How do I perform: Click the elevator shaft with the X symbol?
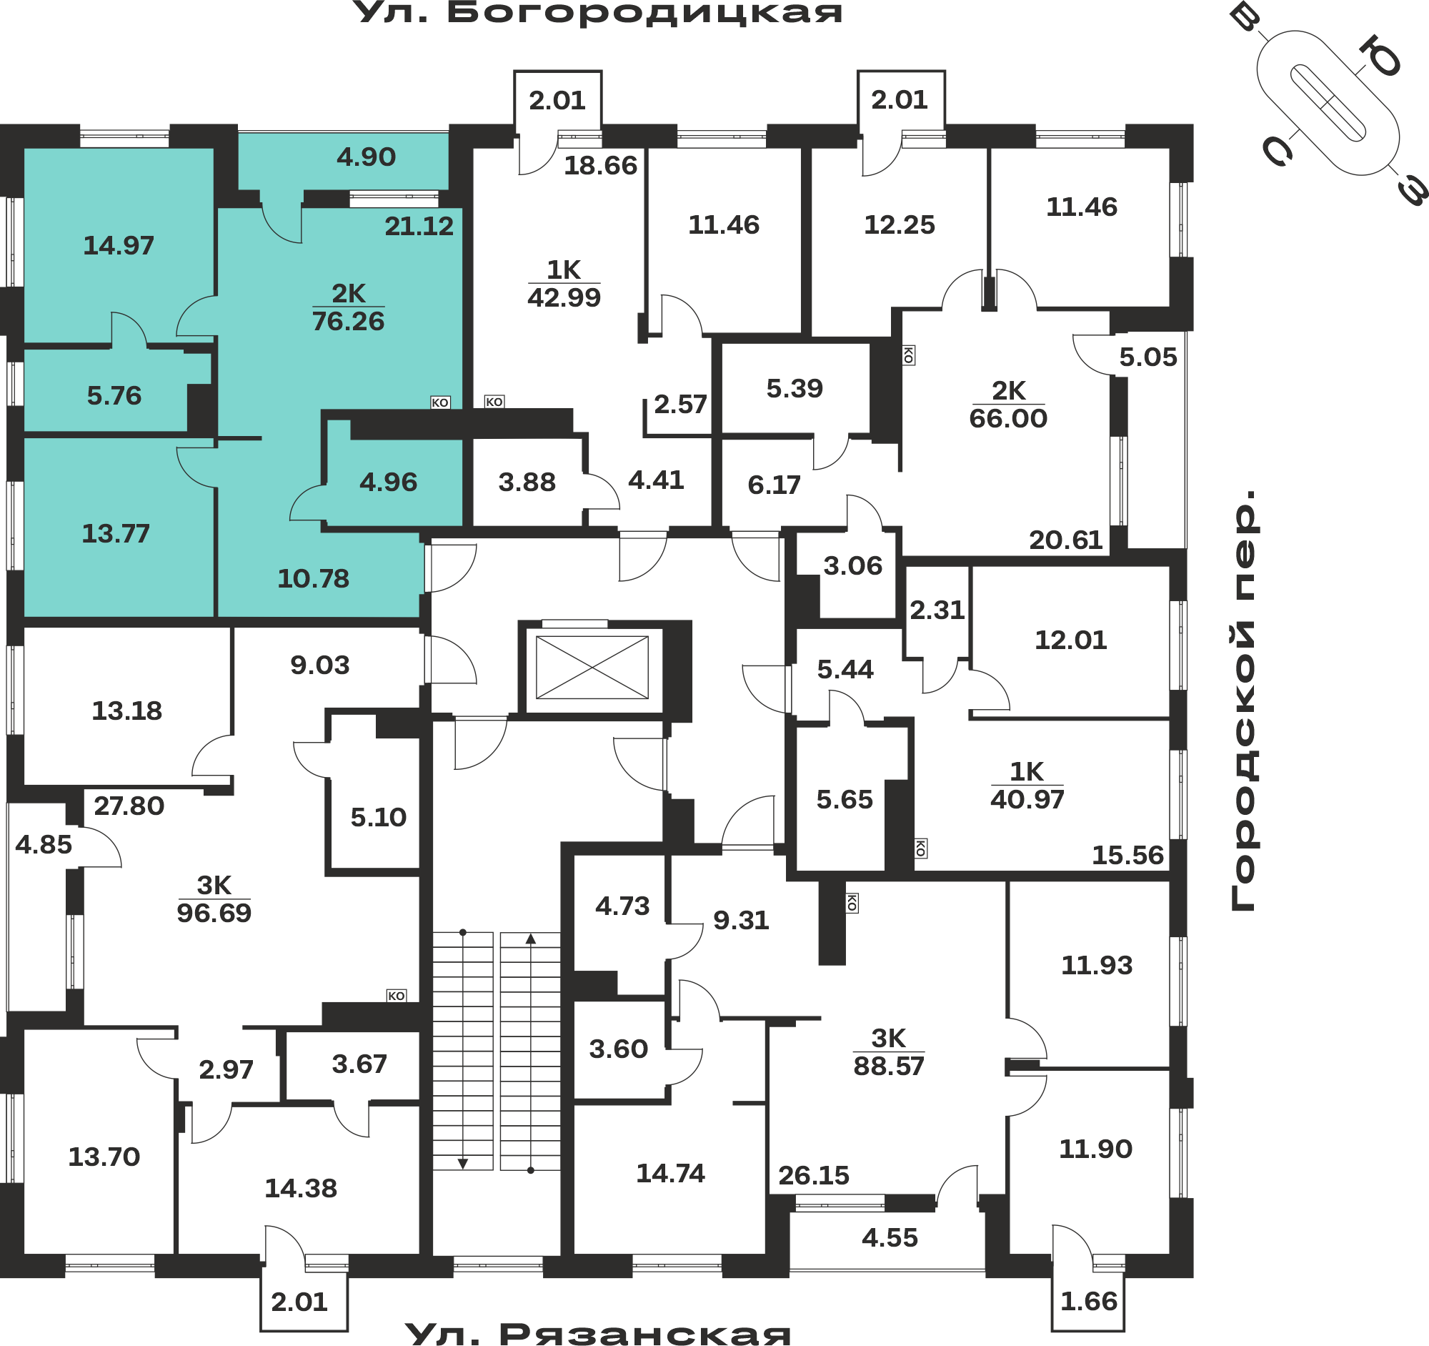(592, 668)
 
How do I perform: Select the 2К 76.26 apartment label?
(349, 307)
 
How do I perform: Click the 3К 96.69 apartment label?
(214, 899)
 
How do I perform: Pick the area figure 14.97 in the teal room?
(119, 246)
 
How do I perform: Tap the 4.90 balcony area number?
(367, 157)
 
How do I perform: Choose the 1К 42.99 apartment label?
(564, 283)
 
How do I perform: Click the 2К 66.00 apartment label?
(1008, 404)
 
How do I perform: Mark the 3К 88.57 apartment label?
(889, 1053)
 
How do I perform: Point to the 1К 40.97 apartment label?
(1027, 786)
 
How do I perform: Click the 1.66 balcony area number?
(1089, 1302)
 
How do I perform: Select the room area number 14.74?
(671, 1174)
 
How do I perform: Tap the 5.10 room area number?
(379, 818)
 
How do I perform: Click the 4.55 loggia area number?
(890, 1238)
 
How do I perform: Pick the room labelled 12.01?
(1071, 640)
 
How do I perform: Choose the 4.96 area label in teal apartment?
(389, 482)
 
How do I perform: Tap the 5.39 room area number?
(795, 388)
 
